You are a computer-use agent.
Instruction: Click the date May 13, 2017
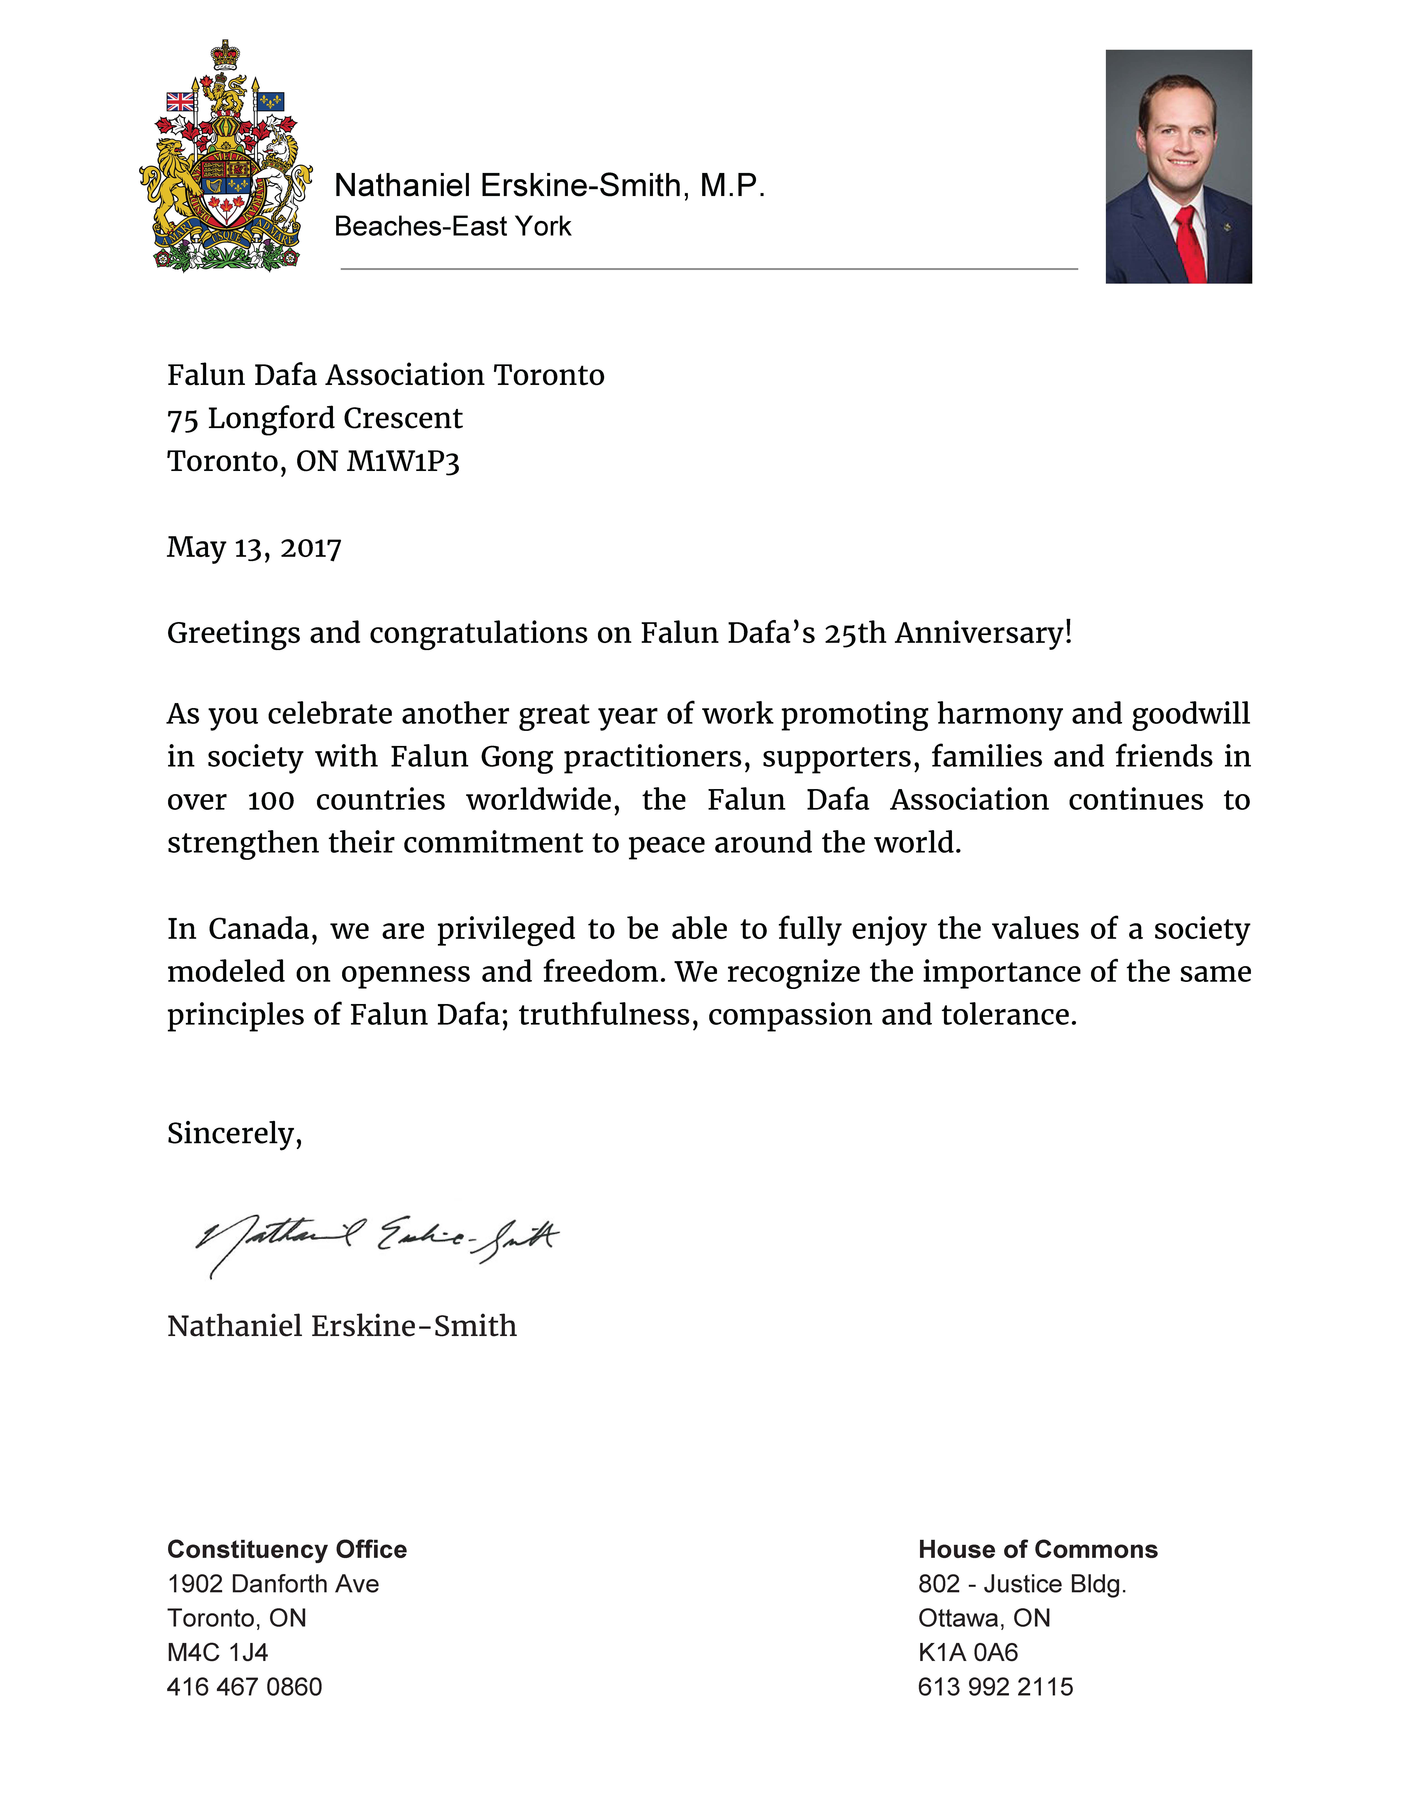(x=254, y=548)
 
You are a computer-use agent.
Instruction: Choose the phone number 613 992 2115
(x=995, y=1687)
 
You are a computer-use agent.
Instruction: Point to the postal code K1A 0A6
(x=968, y=1653)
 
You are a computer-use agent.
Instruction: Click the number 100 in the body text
(x=271, y=800)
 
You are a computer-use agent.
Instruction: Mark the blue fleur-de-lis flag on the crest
(x=270, y=101)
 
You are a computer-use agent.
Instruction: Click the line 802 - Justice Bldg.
(x=1022, y=1584)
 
